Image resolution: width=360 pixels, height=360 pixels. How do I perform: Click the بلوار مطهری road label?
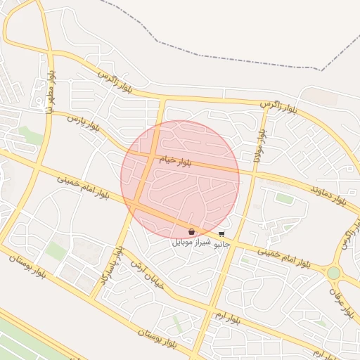pos(51,89)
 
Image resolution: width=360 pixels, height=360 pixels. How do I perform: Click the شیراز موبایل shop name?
pos(192,242)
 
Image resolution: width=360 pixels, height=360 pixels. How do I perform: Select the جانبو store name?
pos(221,243)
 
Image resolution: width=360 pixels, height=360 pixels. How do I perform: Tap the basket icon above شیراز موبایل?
pos(191,231)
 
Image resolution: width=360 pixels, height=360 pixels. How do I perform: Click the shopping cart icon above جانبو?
pos(221,233)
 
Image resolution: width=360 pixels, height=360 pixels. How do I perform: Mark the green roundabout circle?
pos(334,273)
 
